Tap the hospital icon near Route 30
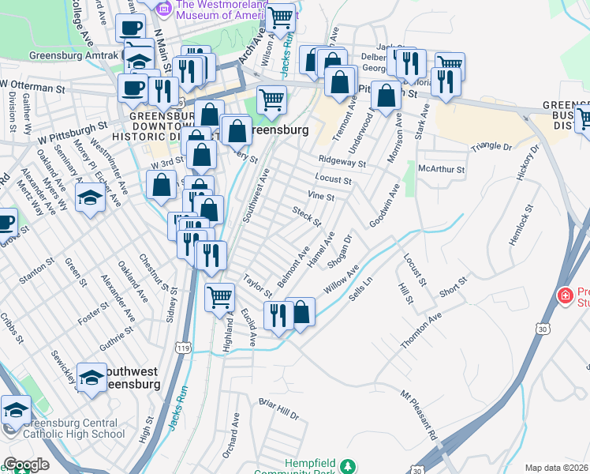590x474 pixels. pyautogui.click(x=566, y=296)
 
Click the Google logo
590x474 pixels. pyautogui.click(x=26, y=465)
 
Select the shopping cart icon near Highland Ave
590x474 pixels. pyautogui.click(x=220, y=298)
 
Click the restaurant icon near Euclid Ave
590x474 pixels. pyautogui.click(x=277, y=316)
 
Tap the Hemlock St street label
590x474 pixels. pyautogui.click(x=521, y=224)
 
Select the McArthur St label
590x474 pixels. pyautogui.click(x=442, y=168)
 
